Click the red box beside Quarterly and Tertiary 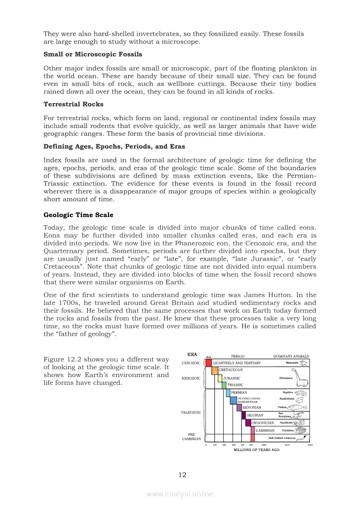pyautogui.click(x=209, y=363)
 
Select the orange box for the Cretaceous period pyautogui.click(x=215, y=371)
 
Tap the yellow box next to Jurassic pyautogui.click(x=220, y=378)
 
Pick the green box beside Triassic pyautogui.click(x=224, y=385)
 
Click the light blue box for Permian pyautogui.click(x=228, y=392)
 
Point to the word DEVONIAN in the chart pyautogui.click(x=252, y=408)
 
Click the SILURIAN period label pyautogui.click(x=255, y=415)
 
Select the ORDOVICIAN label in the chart pyautogui.click(x=262, y=423)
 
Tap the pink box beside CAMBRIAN pyautogui.click(x=252, y=430)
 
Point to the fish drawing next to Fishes pyautogui.click(x=296, y=408)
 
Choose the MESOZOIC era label pyautogui.click(x=191, y=378)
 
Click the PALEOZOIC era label pyautogui.click(x=191, y=412)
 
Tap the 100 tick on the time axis pyautogui.click(x=215, y=445)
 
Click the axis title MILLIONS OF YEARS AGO pyautogui.click(x=256, y=450)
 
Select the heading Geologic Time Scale pyautogui.click(x=78, y=215)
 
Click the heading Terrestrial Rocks pyautogui.click(x=73, y=104)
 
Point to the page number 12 pyautogui.click(x=182, y=475)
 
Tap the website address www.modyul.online pyautogui.click(x=180, y=494)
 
